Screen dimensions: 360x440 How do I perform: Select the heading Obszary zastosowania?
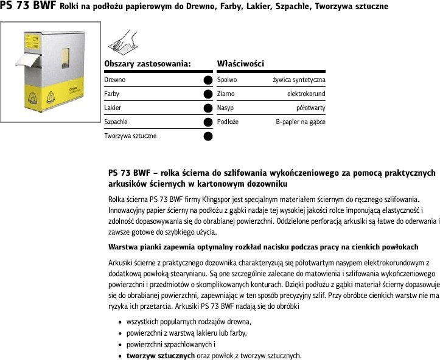pyautogui.click(x=148, y=63)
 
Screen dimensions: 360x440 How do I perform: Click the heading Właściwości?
pyautogui.click(x=240, y=63)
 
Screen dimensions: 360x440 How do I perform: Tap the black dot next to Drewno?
pyautogui.click(x=208, y=80)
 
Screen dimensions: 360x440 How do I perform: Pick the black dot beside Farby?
pyautogui.click(x=208, y=94)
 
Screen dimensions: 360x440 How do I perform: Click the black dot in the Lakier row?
pyautogui.click(x=208, y=108)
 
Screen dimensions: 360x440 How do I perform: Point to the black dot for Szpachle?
pyautogui.click(x=208, y=122)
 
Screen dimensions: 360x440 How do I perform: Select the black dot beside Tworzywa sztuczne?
pyautogui.click(x=208, y=136)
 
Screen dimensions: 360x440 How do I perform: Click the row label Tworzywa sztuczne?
pyautogui.click(x=130, y=136)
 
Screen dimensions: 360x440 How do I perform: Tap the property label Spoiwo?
pyautogui.click(x=227, y=80)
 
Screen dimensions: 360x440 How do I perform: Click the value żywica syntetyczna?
pyautogui.click(x=298, y=80)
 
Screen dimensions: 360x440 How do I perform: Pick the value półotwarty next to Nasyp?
pyautogui.click(x=310, y=108)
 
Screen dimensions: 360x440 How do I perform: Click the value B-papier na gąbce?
pyautogui.click(x=301, y=122)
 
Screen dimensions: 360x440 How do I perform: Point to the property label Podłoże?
pyautogui.click(x=228, y=122)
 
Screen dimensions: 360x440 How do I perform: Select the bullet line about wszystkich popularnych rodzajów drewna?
pyautogui.click(x=189, y=321)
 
